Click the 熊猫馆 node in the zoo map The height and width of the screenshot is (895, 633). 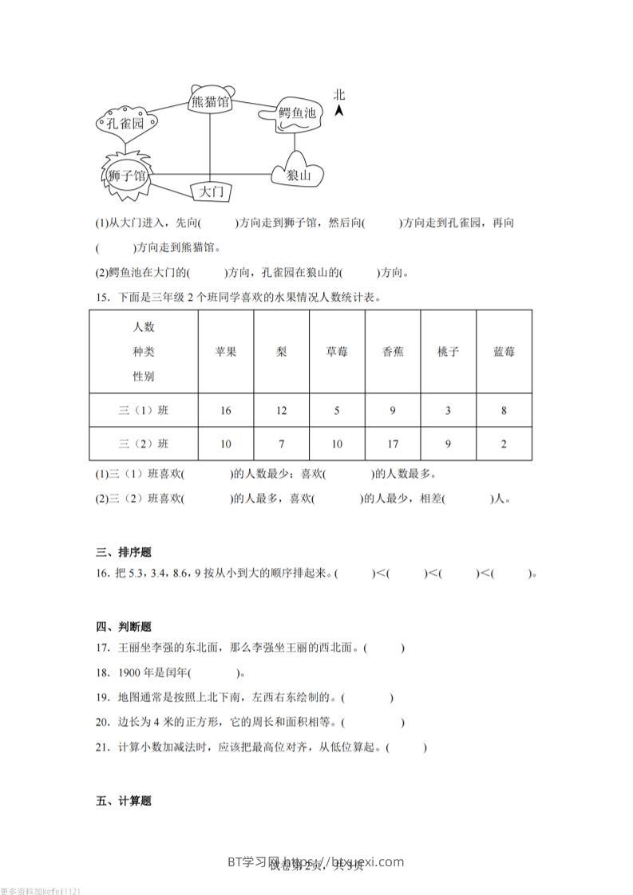pos(211,101)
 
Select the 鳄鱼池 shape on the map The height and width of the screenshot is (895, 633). pos(295,115)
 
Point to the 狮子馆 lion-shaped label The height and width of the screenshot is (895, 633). pos(127,175)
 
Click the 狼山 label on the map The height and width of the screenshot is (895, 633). pos(299,175)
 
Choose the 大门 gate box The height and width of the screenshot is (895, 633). pos(212,191)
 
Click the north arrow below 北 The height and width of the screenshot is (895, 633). pos(339,111)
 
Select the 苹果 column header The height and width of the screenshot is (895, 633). pos(225,352)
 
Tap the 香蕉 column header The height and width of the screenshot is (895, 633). pos(392,352)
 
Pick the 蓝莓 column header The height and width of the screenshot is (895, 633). pos(504,352)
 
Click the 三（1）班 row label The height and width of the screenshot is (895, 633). pos(144,411)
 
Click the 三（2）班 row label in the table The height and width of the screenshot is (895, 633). pos(144,444)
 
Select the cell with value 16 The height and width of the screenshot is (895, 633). pos(225,411)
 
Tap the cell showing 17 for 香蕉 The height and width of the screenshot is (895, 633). pos(392,444)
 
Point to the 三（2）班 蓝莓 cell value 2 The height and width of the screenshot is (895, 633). pos(504,444)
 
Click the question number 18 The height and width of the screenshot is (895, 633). pos(101,672)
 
